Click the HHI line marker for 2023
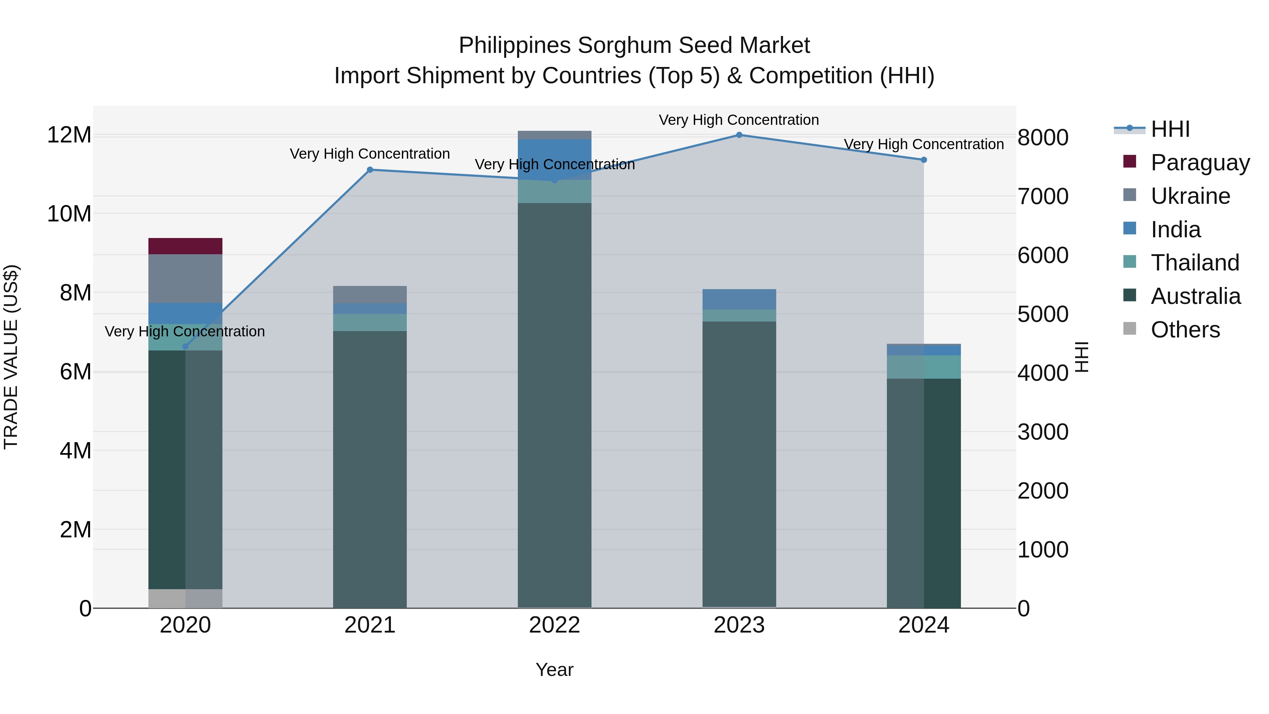click(x=739, y=135)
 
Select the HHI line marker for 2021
click(x=370, y=170)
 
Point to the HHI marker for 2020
click(x=185, y=346)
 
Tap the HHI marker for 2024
click(x=924, y=160)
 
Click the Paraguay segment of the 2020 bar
click(x=185, y=246)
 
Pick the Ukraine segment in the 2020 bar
click(x=185, y=279)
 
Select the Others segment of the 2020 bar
click(x=185, y=598)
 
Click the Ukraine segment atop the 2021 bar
click(x=370, y=295)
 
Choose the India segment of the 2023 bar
click(x=739, y=299)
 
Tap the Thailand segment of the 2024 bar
click(x=924, y=367)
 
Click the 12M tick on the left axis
click(x=69, y=135)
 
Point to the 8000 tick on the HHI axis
click(x=1043, y=138)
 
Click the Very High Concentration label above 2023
click(x=738, y=120)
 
